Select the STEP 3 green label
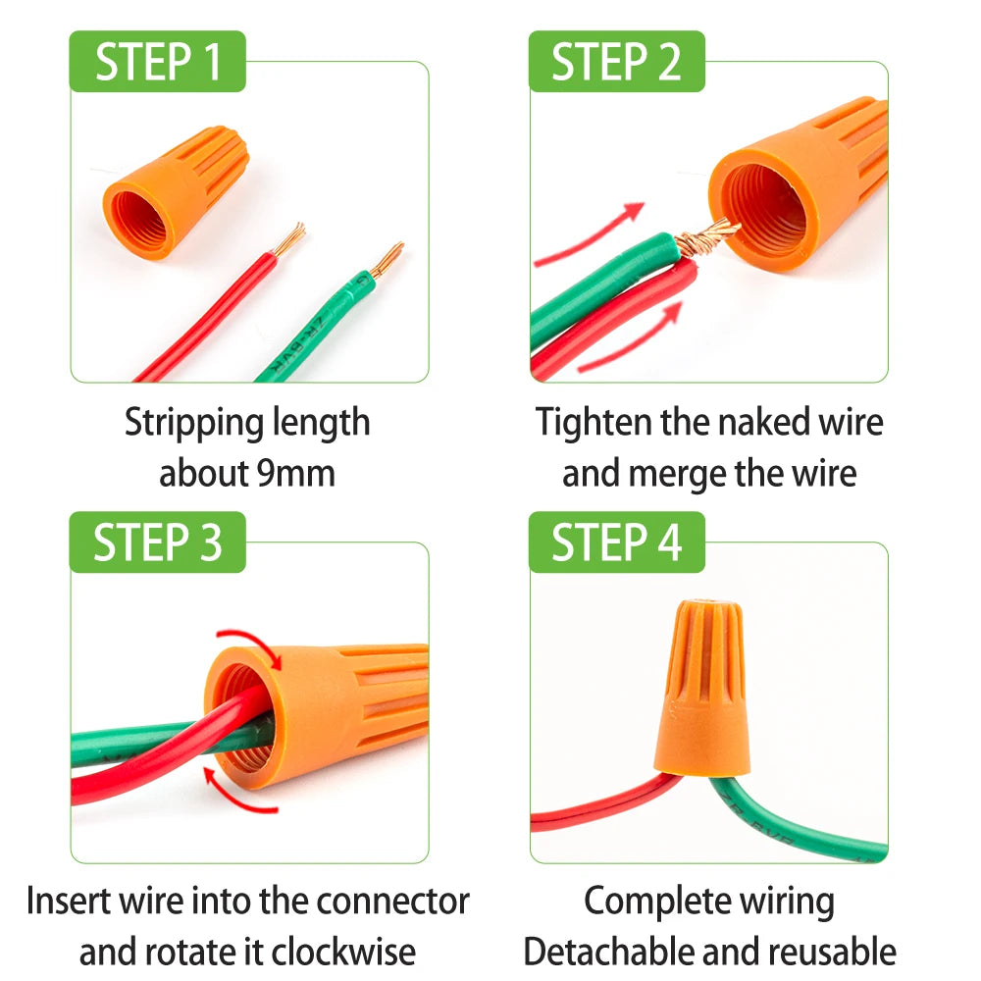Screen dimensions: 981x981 pyautogui.click(x=157, y=542)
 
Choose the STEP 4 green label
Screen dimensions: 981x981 pyautogui.click(x=616, y=542)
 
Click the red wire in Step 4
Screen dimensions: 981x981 pyautogui.click(x=598, y=809)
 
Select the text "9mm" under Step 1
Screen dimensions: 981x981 pyautogui.click(x=294, y=474)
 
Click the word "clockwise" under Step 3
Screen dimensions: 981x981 pyautogui.click(x=342, y=951)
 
